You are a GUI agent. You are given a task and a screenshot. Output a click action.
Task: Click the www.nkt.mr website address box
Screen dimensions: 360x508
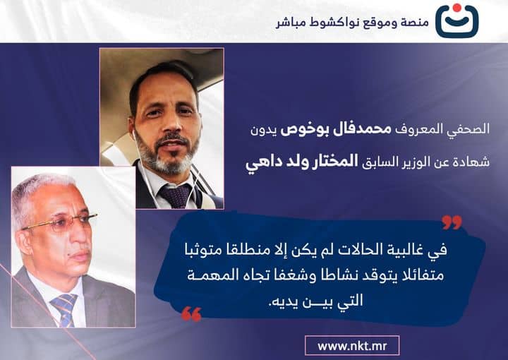click(353, 346)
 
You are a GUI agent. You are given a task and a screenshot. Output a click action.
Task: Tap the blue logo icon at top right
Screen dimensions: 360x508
click(456, 23)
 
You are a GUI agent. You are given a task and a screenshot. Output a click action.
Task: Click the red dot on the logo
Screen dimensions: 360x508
click(457, 9)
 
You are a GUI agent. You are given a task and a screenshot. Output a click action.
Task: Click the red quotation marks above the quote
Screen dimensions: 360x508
click(452, 223)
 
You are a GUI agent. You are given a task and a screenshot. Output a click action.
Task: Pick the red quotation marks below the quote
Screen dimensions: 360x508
click(191, 314)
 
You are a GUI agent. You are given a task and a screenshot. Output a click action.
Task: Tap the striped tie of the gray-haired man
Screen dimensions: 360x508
click(66, 308)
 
